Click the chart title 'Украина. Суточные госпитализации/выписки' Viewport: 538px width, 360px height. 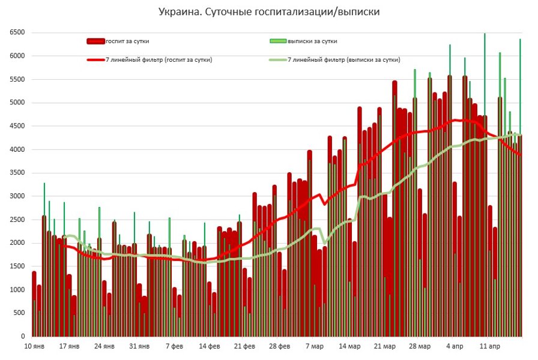click(269, 11)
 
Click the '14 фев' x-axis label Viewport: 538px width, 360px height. click(210, 347)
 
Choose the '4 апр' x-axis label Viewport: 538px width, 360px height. click(455, 347)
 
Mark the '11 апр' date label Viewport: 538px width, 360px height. click(489, 347)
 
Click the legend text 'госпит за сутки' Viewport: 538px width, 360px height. click(127, 41)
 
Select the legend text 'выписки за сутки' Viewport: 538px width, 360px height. click(312, 41)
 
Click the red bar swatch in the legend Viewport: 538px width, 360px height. click(95, 41)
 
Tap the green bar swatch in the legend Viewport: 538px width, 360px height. click(278, 41)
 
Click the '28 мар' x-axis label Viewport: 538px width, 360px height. click(420, 347)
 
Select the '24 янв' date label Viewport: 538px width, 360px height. click(104, 347)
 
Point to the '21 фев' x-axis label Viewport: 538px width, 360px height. click(244, 347)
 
